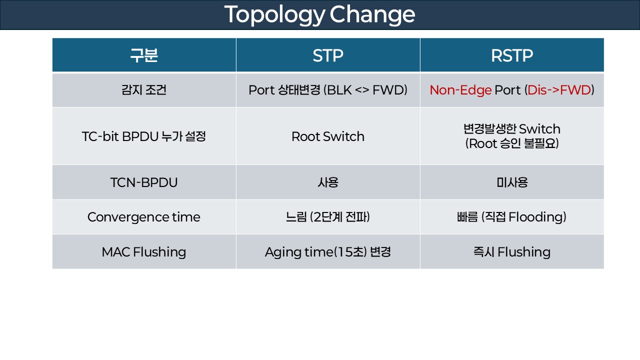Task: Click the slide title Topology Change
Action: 319,15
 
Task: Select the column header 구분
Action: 144,55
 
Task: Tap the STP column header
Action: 328,55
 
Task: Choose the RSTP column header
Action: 511,55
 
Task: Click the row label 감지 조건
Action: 144,90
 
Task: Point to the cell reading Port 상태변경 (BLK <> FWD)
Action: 328,90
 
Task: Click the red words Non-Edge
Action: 460,90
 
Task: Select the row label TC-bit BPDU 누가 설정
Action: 144,136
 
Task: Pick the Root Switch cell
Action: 328,136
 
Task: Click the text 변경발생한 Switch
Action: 511,129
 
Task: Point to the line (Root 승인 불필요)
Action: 511,144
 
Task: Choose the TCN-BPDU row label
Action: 144,182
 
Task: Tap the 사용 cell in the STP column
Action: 328,182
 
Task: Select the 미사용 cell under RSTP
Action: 511,182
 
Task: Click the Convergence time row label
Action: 144,217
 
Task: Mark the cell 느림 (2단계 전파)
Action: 328,217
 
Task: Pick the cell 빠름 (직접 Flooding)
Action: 511,217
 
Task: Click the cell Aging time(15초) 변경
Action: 328,252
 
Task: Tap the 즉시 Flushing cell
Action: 511,252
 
